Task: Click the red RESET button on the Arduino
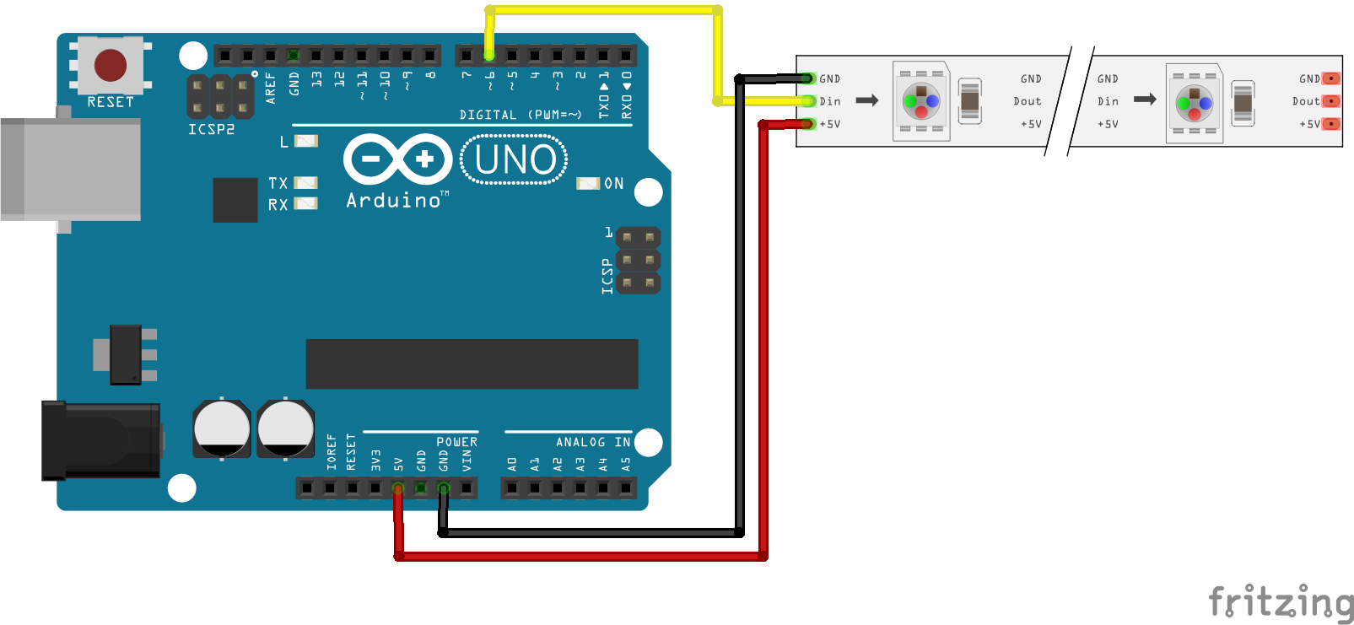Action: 111,65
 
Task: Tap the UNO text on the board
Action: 515,159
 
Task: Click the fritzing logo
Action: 1280,603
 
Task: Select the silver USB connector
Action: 71,170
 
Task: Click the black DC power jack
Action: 101,440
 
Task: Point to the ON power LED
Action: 587,183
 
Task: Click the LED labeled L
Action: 305,141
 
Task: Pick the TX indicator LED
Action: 305,182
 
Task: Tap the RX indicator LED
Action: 305,203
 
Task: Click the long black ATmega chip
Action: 472,364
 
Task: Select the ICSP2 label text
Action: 211,130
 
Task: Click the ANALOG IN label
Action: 592,442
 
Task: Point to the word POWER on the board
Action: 456,442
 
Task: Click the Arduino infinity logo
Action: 397,159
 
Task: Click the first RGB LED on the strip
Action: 921,101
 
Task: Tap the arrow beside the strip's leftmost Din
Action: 867,100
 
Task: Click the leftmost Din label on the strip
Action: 830,101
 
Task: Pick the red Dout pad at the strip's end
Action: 1330,101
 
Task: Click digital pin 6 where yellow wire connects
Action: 489,56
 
